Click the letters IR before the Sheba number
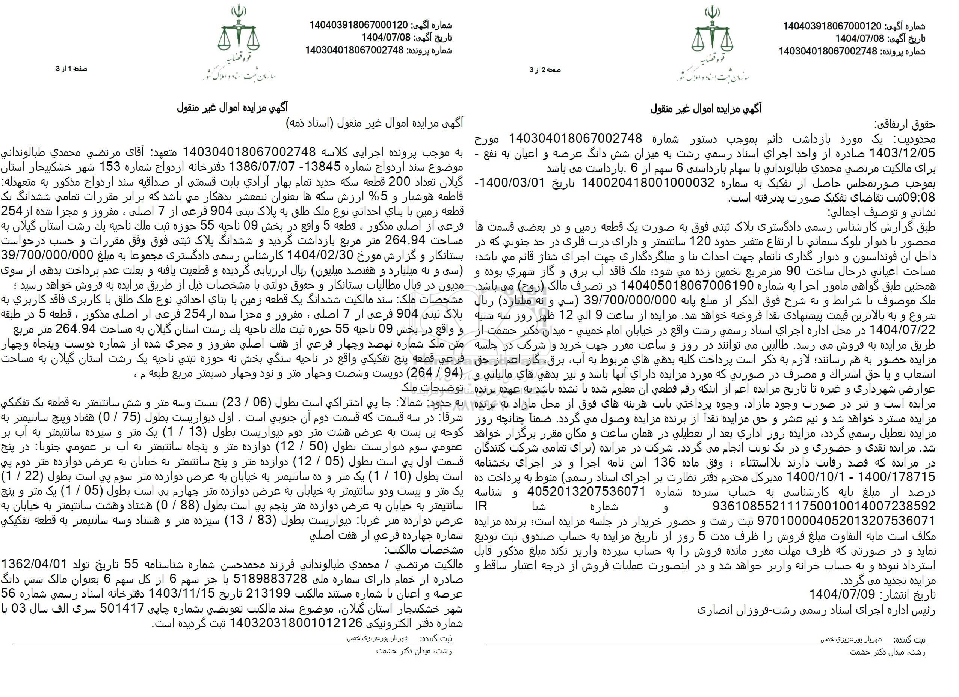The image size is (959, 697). [482, 505]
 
